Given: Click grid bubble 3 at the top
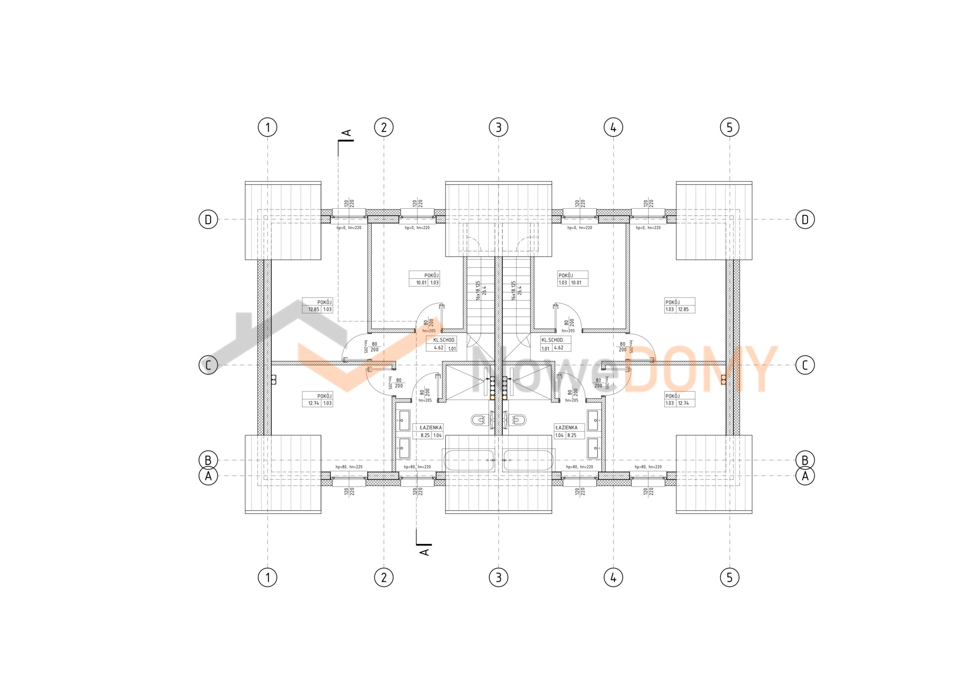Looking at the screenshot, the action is click(498, 127).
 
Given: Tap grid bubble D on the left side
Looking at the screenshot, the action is click(208, 219).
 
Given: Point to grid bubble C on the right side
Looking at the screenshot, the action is click(805, 365).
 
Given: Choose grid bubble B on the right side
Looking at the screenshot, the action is click(805, 460).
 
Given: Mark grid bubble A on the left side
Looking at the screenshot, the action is click(208, 476).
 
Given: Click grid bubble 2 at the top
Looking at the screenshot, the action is click(384, 127).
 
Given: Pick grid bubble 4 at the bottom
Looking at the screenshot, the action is click(613, 578).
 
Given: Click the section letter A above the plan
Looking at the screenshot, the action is click(348, 133).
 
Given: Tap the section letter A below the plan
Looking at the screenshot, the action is click(425, 552).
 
